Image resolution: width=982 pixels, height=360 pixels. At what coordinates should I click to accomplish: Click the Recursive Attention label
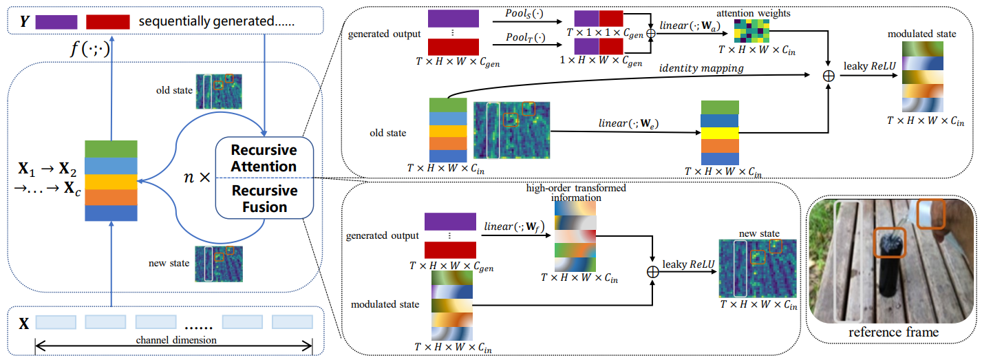click(264, 158)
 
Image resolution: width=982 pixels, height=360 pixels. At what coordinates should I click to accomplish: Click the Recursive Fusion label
click(264, 198)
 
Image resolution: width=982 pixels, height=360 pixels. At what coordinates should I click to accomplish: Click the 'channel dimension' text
click(177, 340)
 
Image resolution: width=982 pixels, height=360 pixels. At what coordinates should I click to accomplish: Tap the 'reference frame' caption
click(893, 332)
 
